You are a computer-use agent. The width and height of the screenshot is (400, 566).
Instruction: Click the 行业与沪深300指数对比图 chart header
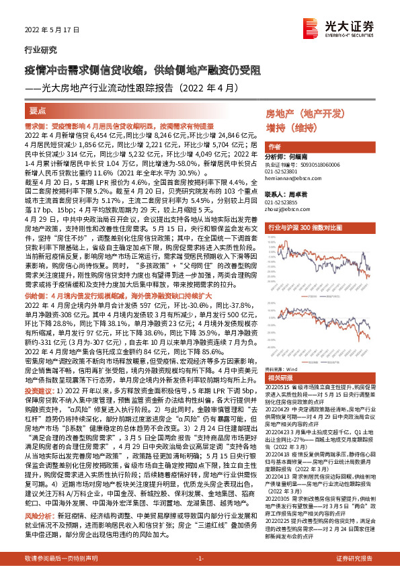pyautogui.click(x=319, y=228)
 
